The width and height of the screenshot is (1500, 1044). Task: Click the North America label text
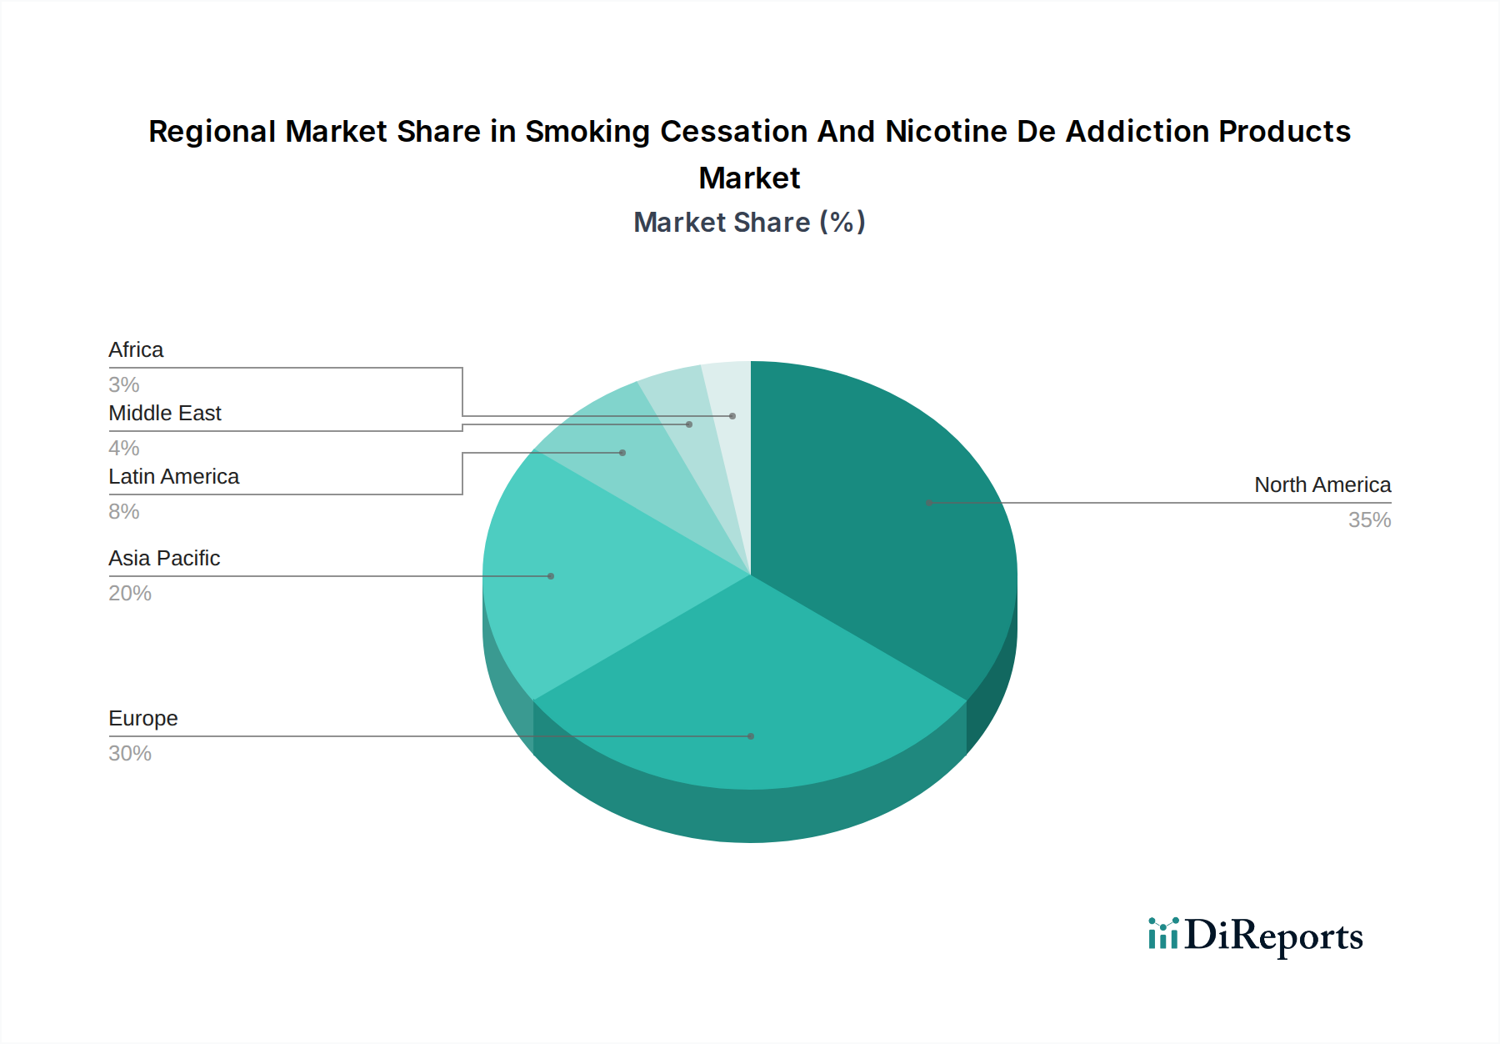click(1322, 485)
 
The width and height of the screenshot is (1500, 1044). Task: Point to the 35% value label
click(1369, 520)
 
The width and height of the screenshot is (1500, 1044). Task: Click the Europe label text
click(143, 719)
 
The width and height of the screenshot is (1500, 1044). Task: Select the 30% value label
click(130, 754)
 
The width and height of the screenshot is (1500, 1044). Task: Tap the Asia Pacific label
click(164, 559)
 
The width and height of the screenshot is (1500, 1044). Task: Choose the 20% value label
click(130, 594)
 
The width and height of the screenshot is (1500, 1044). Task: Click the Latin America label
click(173, 477)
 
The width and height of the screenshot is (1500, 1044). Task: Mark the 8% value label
click(124, 512)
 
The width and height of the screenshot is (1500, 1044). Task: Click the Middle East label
click(164, 414)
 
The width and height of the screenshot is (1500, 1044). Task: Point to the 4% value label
click(124, 449)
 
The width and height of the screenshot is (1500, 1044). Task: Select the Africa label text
click(136, 350)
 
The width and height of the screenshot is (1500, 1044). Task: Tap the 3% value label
click(124, 385)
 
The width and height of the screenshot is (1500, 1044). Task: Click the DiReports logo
click(1255, 936)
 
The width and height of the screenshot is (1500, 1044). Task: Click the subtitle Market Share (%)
click(749, 223)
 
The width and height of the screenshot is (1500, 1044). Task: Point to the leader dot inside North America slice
click(929, 503)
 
